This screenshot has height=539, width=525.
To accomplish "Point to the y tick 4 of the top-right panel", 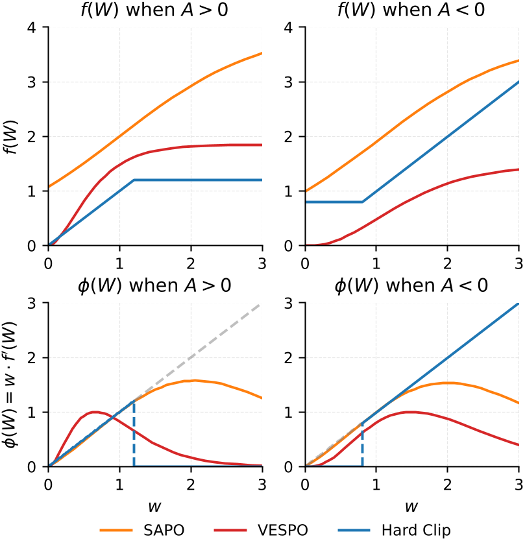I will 293,28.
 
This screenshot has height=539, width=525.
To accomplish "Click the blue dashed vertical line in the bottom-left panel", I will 134,435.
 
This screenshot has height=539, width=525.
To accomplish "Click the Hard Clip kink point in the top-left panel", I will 134,180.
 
